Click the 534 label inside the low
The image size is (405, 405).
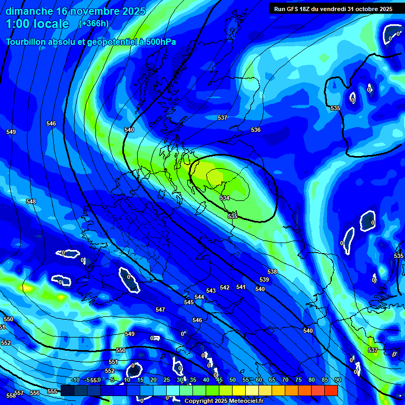[x=225, y=198]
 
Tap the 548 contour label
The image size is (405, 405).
[x=31, y=201]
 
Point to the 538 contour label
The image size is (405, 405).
[x=272, y=272]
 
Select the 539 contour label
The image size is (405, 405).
[x=264, y=279]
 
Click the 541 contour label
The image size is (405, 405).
[x=241, y=287]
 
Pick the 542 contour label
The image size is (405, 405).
[x=225, y=287]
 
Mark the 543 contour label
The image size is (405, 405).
[x=211, y=291]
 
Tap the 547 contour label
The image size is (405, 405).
[x=160, y=310]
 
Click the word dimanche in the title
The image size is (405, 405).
[x=30, y=11]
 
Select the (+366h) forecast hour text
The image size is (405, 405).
[x=94, y=23]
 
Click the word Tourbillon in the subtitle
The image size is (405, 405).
[x=26, y=42]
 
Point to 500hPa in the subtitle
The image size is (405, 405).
[x=160, y=42]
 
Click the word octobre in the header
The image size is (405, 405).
[x=362, y=8]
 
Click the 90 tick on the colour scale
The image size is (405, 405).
[x=338, y=380]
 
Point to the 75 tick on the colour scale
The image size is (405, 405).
[x=298, y=380]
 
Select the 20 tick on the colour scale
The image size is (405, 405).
[x=153, y=380]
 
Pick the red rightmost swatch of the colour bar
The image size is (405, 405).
[x=331, y=390]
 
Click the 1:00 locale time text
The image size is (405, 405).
[x=37, y=24]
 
